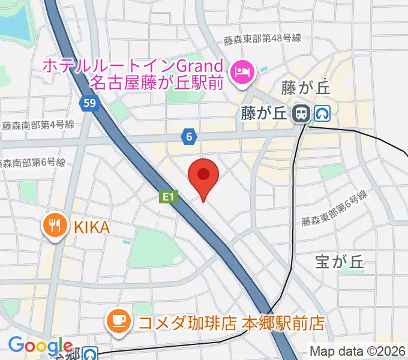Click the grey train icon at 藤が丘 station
[300, 112]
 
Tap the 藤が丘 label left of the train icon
[265, 112]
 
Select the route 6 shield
[189, 137]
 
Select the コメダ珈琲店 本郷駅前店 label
[231, 322]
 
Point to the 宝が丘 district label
[340, 261]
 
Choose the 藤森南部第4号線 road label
[37, 125]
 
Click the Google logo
[40, 346]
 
